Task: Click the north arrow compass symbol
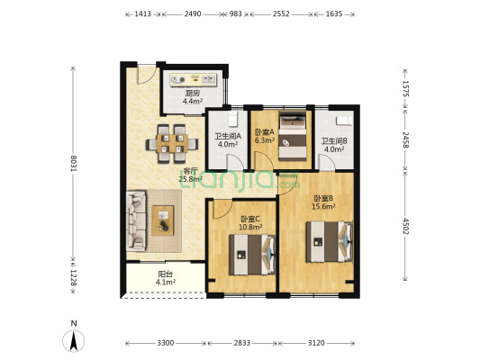tap(74, 341)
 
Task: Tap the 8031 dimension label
tap(73, 164)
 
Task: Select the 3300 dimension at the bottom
tap(166, 343)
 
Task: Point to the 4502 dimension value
tap(405, 226)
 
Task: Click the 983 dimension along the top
tap(236, 13)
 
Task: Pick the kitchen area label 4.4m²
tap(193, 101)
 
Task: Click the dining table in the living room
tap(172, 143)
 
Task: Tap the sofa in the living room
tap(136, 220)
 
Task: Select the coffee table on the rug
tap(163, 220)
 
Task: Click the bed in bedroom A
tap(293, 136)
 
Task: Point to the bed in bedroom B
tap(329, 241)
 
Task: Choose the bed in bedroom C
tap(252, 255)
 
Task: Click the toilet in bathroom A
tap(233, 119)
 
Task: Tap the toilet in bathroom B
tap(344, 121)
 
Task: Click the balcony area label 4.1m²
tap(166, 282)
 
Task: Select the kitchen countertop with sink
tap(193, 80)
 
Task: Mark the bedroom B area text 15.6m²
tap(323, 206)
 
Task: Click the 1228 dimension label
tap(73, 278)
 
